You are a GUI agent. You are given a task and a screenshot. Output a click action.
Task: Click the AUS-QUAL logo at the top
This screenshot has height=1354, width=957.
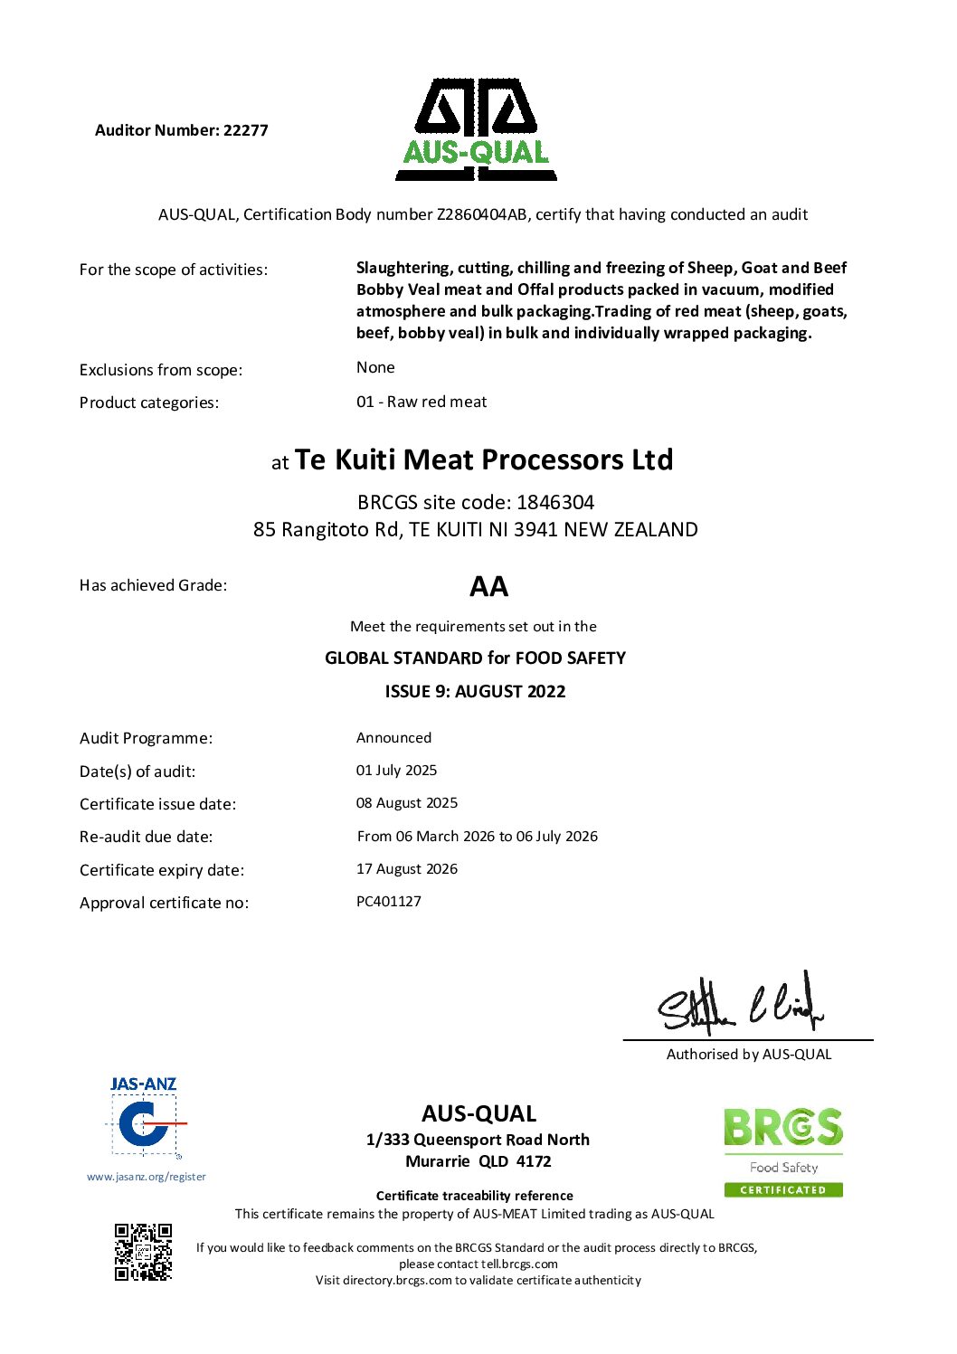476,130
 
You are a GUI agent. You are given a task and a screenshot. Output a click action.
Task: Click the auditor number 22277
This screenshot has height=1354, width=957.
245,130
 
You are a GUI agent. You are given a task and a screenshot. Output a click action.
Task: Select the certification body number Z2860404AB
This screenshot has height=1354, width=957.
482,214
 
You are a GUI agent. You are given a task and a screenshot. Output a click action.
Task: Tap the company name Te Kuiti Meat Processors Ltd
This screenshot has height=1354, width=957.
484,459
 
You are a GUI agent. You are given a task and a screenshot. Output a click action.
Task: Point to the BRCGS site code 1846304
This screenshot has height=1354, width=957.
555,502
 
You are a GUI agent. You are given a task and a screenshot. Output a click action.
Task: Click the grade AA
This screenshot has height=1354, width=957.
488,587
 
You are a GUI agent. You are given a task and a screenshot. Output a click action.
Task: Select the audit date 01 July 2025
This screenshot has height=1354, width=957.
396,771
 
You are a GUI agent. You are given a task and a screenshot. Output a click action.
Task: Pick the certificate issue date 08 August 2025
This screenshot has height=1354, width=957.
407,803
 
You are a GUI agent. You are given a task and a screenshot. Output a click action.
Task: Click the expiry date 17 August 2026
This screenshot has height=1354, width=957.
407,869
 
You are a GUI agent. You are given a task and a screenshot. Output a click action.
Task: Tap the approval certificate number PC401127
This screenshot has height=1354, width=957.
389,902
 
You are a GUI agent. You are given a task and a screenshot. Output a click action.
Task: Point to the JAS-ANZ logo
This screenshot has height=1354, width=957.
144,1118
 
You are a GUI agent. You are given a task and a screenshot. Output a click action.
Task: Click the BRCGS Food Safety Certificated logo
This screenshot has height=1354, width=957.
783,1151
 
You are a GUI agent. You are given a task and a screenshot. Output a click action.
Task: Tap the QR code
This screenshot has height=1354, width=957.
143,1252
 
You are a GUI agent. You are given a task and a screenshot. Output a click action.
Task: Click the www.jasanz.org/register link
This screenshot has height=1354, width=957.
147,1177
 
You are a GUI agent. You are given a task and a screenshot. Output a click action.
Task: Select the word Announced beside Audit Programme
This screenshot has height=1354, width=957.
393,738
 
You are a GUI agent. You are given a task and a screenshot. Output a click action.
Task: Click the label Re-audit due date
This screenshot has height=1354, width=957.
147,837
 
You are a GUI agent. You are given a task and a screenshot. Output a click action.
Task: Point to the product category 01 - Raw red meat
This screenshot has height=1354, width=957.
422,402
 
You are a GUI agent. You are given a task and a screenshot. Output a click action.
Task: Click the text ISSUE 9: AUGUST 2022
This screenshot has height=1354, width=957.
475,692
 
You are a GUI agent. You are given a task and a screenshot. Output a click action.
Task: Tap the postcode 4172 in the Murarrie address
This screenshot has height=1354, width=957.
534,1161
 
